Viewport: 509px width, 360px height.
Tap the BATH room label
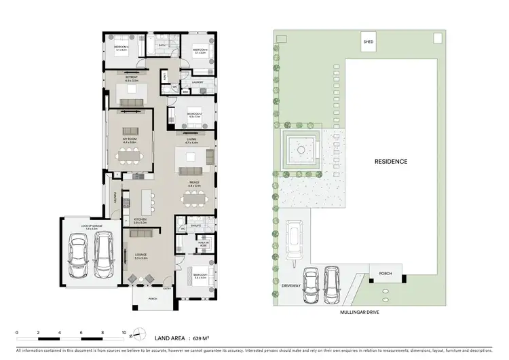click(162, 46)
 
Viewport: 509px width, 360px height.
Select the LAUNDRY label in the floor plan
click(197, 83)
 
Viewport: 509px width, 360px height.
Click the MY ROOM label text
click(130, 139)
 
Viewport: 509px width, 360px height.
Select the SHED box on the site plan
click(369, 42)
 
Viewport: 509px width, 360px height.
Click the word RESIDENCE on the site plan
click(391, 162)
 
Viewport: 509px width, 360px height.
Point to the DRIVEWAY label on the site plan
click(291, 286)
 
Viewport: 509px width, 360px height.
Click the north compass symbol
click(138, 333)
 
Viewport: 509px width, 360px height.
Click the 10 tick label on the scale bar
click(124, 333)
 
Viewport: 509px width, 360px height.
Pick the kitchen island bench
click(145, 201)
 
